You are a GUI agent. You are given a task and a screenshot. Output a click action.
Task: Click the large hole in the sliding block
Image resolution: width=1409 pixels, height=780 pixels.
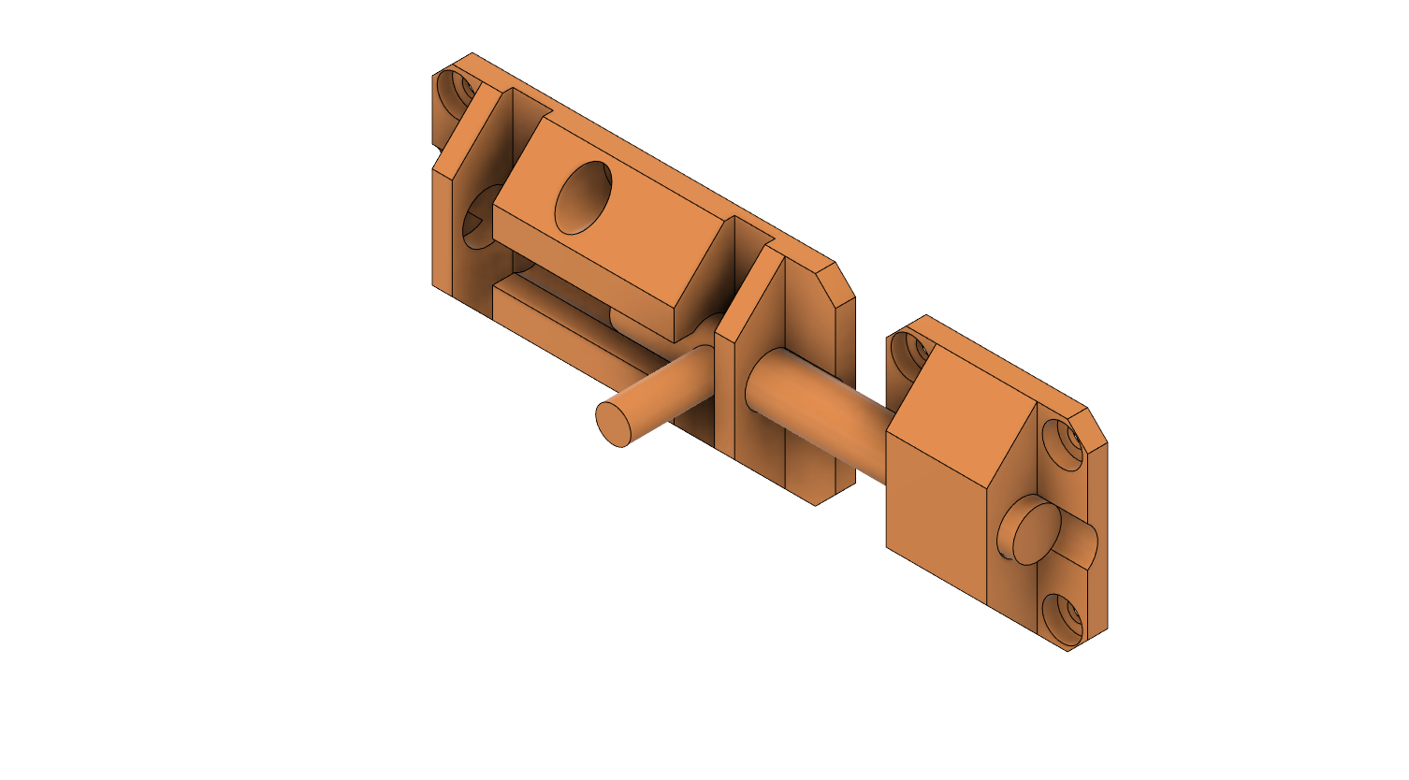pos(583,197)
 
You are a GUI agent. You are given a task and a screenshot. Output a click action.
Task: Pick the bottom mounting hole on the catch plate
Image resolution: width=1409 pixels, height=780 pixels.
pos(1063,617)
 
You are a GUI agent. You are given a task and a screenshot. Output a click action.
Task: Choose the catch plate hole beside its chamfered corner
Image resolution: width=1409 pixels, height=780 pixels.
pos(1063,443)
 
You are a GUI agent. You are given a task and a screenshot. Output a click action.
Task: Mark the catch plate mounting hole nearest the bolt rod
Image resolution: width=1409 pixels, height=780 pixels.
pos(908,354)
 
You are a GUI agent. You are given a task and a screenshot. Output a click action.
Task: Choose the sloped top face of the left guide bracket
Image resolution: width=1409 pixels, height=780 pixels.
pos(477,131)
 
